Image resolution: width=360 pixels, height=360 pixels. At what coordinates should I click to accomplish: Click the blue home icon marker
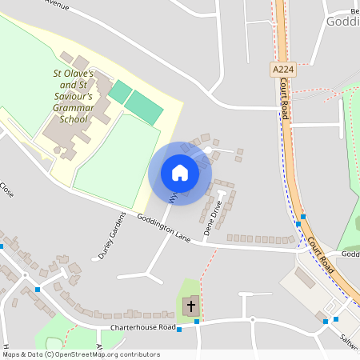(x=180, y=173)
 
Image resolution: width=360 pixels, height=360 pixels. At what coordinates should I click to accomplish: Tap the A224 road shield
(x=282, y=70)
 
